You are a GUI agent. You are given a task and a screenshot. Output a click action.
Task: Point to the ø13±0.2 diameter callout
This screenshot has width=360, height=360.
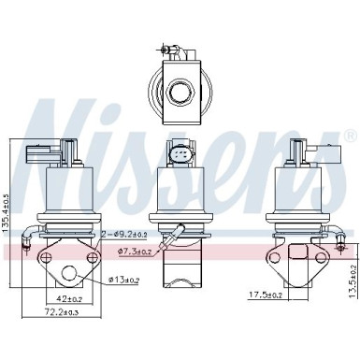pyautogui.click(x=123, y=280)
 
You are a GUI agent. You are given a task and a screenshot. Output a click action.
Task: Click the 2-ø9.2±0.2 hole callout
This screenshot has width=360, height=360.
pyautogui.click(x=124, y=236)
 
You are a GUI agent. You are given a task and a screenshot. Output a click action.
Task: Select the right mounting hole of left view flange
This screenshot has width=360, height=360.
pyautogui.click(x=94, y=253)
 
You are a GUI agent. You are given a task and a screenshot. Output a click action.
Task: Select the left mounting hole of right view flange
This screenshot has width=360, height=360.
pyautogui.click(x=276, y=254)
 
